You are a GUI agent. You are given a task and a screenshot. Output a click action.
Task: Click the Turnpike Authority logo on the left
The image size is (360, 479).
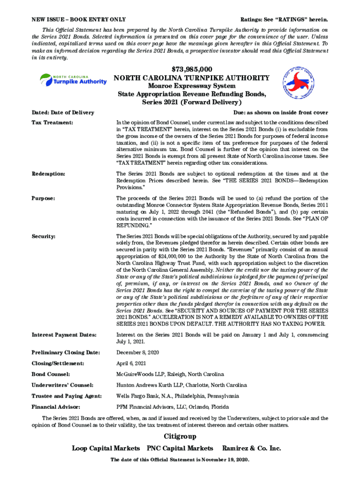tap(73, 80)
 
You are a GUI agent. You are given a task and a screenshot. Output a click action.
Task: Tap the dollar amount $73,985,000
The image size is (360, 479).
tap(192, 70)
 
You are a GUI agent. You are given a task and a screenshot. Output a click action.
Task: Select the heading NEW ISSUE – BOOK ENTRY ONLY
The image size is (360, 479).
tap(78, 19)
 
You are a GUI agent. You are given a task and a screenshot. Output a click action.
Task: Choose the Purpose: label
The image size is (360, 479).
tap(43, 198)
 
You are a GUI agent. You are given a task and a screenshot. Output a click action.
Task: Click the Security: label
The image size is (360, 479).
tap(44, 236)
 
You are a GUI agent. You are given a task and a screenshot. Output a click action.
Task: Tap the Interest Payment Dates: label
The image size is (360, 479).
tap(64, 335)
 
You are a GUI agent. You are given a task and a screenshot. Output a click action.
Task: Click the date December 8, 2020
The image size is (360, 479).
tap(139, 352)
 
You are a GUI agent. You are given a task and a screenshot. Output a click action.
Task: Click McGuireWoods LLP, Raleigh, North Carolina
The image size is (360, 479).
tap(170, 374)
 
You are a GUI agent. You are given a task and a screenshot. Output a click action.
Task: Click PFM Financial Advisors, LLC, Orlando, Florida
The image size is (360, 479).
tap(173, 407)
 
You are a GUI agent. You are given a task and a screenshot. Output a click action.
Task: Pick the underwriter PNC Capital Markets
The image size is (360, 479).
tap(180, 449)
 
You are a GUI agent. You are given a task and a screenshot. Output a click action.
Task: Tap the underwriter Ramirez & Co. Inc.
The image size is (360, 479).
tap(252, 449)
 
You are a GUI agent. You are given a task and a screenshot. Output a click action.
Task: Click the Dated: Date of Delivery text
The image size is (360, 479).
tap(63, 112)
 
